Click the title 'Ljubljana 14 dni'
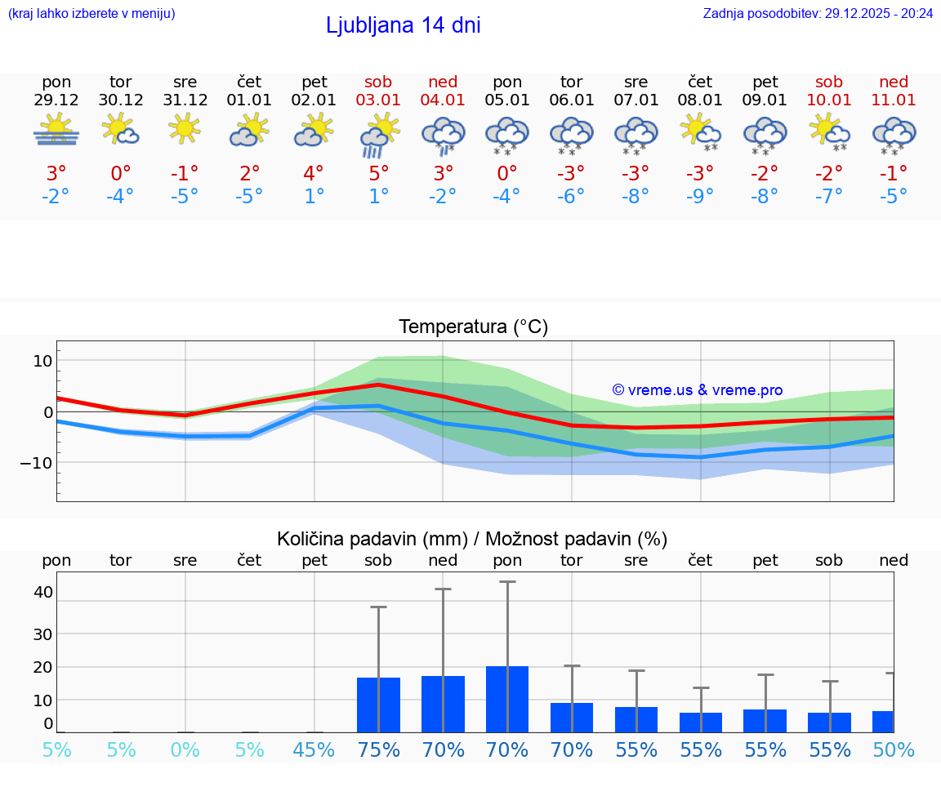pyautogui.click(x=403, y=25)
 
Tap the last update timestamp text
pyautogui.click(x=818, y=13)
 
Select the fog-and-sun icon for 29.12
pyautogui.click(x=56, y=131)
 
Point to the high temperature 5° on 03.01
pyautogui.click(x=378, y=173)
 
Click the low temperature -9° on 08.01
pyautogui.click(x=700, y=196)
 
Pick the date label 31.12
pyautogui.click(x=185, y=100)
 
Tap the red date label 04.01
pyautogui.click(x=443, y=100)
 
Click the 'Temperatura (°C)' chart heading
pyautogui.click(x=474, y=327)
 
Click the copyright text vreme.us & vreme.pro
pyautogui.click(x=698, y=390)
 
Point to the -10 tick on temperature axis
pyautogui.click(x=38, y=463)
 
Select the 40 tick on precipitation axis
pyautogui.click(x=42, y=592)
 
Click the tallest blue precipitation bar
pyautogui.click(x=507, y=699)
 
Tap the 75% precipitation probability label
pyautogui.click(x=378, y=749)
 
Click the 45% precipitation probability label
pyautogui.click(x=314, y=749)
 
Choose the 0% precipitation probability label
pyautogui.click(x=185, y=749)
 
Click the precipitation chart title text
pyautogui.click(x=472, y=539)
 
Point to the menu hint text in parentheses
pyautogui.click(x=91, y=13)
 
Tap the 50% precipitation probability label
pyautogui.click(x=894, y=749)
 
